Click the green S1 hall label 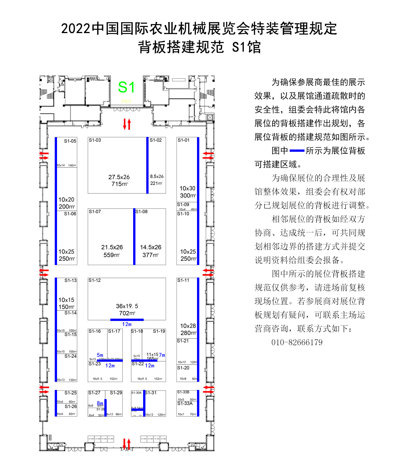coord(126,87)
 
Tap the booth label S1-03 coord(95,140)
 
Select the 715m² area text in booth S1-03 coord(119,184)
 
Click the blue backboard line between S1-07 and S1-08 coord(134,237)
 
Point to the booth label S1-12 coord(94,280)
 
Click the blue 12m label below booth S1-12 coord(127,324)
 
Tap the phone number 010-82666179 coord(297,342)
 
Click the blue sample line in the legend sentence coord(297,151)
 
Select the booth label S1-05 coord(70,141)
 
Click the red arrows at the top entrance coord(127,124)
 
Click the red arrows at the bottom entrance coord(127,444)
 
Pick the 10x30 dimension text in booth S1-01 coord(187,188)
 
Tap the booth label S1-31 coord(151,393)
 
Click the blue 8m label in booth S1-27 coord(100,403)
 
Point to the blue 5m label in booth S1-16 coord(100,355)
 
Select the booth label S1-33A coord(185,403)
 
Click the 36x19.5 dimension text coord(127,306)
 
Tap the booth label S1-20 coord(183,368)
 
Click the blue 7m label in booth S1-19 coord(162,355)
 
